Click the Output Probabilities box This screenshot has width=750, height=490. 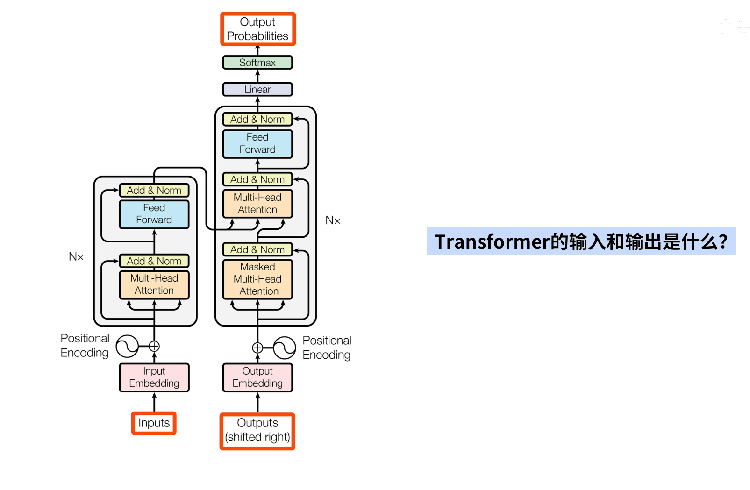[257, 29]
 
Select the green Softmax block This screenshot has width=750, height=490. [257, 63]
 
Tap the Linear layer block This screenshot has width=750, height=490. [257, 89]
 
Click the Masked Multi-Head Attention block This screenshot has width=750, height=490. [257, 279]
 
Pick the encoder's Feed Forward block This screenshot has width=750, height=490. [154, 214]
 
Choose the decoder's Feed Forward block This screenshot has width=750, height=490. [257, 143]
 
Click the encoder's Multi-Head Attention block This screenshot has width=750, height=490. [154, 284]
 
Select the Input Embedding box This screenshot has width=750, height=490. [154, 377]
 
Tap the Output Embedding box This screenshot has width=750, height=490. [257, 377]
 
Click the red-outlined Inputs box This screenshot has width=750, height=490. [154, 423]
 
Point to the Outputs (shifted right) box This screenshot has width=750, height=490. [257, 431]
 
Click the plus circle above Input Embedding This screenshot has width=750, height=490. [154, 346]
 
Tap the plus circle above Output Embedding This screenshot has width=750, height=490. [257, 348]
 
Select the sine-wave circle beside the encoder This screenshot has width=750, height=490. [127, 346]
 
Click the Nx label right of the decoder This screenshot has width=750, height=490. [333, 220]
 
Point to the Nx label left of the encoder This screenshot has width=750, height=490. [76, 256]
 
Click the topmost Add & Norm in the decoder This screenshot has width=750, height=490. [257, 120]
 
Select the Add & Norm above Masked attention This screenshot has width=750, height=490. [257, 249]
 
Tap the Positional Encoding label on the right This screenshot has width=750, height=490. [327, 348]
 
